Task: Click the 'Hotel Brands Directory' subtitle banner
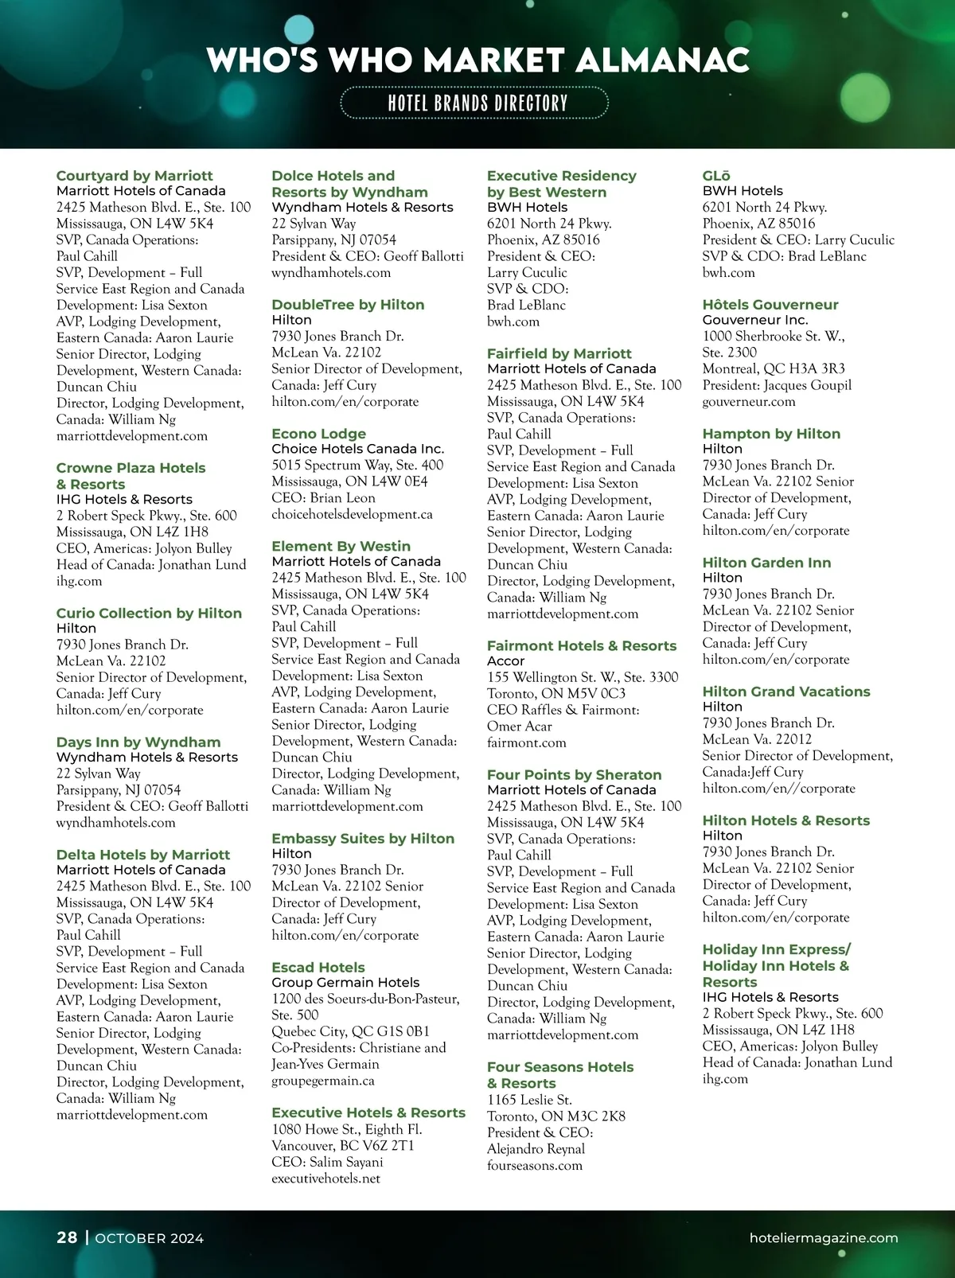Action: (x=475, y=103)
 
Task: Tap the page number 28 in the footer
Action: (x=67, y=1237)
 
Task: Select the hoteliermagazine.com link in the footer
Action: (x=824, y=1237)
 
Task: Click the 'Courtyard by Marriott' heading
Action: (x=134, y=176)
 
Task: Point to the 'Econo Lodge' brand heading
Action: (x=318, y=434)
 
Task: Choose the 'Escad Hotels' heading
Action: (x=318, y=968)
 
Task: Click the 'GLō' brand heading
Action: (x=716, y=176)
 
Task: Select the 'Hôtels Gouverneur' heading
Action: (x=770, y=305)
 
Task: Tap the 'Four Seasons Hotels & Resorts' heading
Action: (x=560, y=1075)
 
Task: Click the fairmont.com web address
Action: (x=526, y=742)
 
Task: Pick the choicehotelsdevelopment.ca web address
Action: (x=352, y=514)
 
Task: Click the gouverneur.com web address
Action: (x=748, y=402)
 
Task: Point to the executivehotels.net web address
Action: (x=325, y=1179)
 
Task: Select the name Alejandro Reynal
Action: (x=536, y=1149)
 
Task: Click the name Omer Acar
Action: (x=519, y=727)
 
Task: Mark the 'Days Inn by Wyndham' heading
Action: (x=138, y=742)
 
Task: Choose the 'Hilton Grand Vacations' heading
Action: (x=785, y=692)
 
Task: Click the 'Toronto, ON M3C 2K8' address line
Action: (x=555, y=1116)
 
